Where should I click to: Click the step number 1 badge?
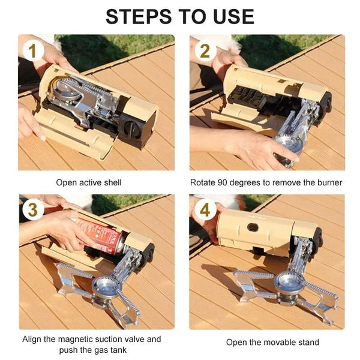[x=32, y=50]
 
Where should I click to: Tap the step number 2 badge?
[x=205, y=50]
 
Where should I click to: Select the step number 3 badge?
[x=32, y=211]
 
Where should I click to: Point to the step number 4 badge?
[x=205, y=211]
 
